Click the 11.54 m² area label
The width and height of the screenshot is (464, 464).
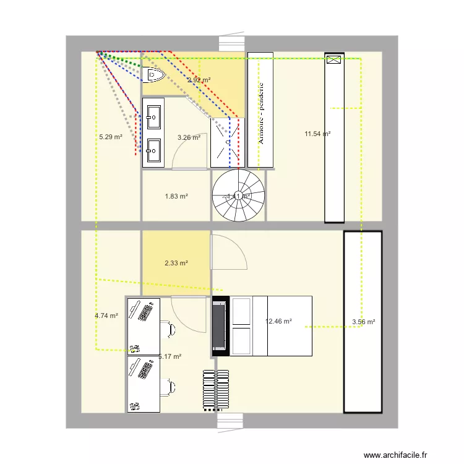pyautogui.click(x=317, y=134)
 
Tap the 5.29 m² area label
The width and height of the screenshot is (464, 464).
pyautogui.click(x=110, y=137)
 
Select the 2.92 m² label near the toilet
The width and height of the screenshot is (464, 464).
pyautogui.click(x=199, y=80)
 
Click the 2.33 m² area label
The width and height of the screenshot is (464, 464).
pyautogui.click(x=176, y=263)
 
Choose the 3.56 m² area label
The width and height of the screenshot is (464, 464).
pyautogui.click(x=364, y=321)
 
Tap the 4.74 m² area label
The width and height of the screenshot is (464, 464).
pyautogui.click(x=106, y=316)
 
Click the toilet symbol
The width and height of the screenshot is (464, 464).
pyautogui.click(x=153, y=75)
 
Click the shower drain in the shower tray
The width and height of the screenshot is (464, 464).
pyautogui.click(x=228, y=142)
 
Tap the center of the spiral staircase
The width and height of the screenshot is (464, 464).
pyautogui.click(x=238, y=196)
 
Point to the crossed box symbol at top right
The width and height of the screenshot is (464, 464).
pyautogui.click(x=334, y=60)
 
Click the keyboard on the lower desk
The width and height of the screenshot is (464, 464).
pyautogui.click(x=147, y=369)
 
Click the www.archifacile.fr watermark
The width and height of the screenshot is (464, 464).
pyautogui.click(x=396, y=455)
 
